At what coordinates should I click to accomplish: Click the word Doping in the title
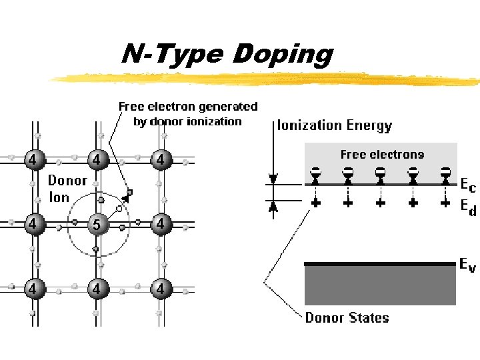[282, 55]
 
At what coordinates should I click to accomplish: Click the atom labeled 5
[97, 225]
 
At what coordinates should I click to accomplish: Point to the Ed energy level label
[468, 207]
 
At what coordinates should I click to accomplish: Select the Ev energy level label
[468, 265]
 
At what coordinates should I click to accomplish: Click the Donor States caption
[347, 318]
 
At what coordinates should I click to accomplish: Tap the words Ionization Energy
[335, 125]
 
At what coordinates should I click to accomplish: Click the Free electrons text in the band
[382, 155]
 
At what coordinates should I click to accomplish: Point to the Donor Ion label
[67, 189]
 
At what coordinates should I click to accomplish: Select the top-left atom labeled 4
[31, 160]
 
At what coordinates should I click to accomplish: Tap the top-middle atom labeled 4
[97, 160]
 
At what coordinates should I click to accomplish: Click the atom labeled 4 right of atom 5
[160, 225]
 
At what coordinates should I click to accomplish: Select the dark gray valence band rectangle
[380, 285]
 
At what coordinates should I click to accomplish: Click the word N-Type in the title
[174, 55]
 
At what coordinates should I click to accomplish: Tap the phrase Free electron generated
[188, 107]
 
